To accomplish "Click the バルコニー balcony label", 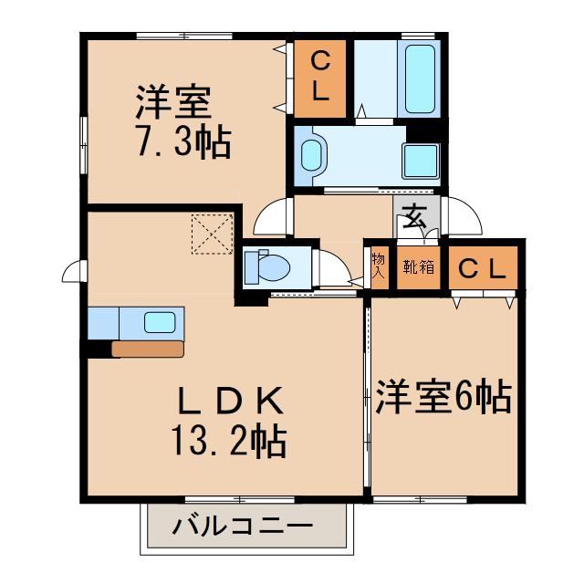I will (x=243, y=527).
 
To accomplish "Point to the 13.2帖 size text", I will (x=228, y=443).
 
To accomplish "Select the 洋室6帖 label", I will (x=443, y=397).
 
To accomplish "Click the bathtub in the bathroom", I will (x=420, y=77).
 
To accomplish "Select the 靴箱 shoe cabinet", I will (x=419, y=267).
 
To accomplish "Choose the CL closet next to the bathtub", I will (x=319, y=78).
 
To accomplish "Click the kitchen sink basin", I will (x=160, y=321).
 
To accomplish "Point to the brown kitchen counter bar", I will (x=147, y=349).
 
